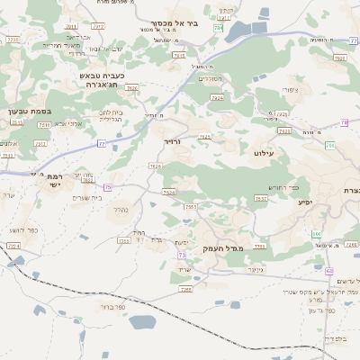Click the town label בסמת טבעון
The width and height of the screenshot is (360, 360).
25,111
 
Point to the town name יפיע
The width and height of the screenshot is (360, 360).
306,202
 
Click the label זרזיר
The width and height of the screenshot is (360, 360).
172,142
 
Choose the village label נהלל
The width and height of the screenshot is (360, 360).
118,210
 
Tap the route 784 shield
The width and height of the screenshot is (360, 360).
219,30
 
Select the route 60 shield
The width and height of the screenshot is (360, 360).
329,270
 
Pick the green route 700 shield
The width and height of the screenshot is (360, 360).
330,145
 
